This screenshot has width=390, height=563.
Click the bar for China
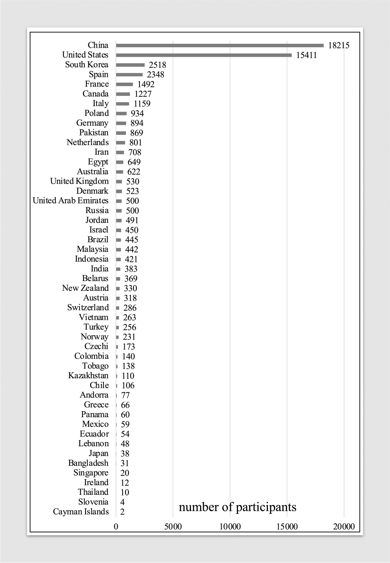220,46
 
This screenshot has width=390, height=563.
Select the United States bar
204,55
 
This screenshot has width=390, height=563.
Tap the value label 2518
157,65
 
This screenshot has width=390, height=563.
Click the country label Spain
98,74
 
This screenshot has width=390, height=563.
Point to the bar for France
124,84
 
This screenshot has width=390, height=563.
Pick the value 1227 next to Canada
143,94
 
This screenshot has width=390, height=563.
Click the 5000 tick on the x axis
173,527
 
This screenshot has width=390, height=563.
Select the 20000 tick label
344,527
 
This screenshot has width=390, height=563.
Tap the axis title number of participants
238,507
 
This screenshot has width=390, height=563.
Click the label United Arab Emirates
71,201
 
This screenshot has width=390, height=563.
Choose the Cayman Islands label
81,511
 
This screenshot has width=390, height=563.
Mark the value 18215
339,46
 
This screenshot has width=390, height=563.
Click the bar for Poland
121,113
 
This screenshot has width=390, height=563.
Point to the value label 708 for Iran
135,152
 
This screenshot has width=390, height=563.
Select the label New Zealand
85,288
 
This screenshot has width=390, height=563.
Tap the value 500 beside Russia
132,211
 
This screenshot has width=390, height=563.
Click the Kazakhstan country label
88,375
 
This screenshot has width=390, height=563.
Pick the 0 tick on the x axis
116,527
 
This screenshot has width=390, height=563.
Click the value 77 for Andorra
125,395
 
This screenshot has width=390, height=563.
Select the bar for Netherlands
120,143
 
